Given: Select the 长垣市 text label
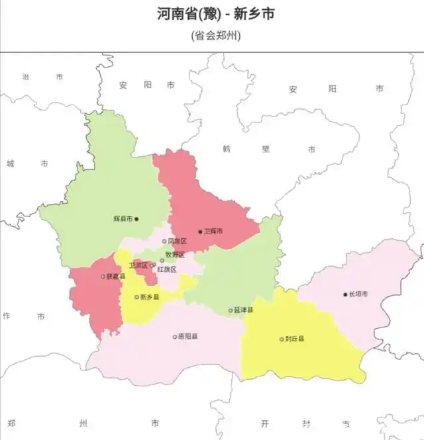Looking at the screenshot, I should tap(358, 294).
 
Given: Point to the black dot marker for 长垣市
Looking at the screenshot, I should tap(345, 294).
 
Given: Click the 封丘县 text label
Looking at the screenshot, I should tap(295, 339).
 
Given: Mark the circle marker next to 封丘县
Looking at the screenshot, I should tap(282, 339).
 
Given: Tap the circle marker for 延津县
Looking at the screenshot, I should tap(231, 310).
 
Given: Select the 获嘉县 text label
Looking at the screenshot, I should tap(115, 277).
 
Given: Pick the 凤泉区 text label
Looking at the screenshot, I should tap(177, 242).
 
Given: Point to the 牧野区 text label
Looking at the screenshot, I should tap(175, 255).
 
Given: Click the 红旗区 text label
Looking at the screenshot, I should tap(167, 270).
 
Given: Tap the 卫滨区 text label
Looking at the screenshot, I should tap(138, 265).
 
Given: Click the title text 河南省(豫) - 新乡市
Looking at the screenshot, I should tap(216, 14).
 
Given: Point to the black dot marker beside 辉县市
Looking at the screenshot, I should tap(137, 219).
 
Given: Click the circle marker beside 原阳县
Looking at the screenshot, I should tap(175, 337).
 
